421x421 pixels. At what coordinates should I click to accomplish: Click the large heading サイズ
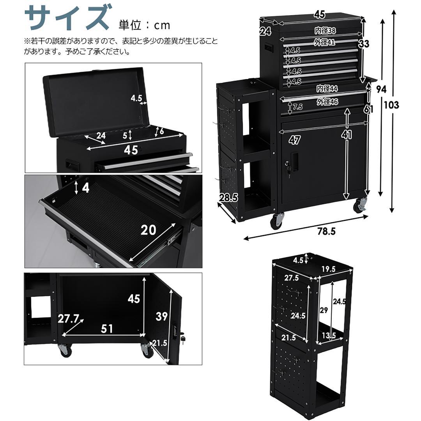tap(66, 18)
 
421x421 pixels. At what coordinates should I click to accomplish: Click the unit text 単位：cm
tap(145, 25)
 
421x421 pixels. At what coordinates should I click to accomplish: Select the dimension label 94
tap(381, 89)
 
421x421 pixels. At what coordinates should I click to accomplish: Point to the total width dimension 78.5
tap(326, 231)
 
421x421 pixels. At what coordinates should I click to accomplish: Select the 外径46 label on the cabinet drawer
tap(327, 102)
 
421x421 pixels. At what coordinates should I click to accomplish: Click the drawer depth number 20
tap(148, 230)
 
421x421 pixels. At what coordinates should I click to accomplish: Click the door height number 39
tap(161, 317)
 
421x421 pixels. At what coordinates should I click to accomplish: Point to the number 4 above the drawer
tap(86, 188)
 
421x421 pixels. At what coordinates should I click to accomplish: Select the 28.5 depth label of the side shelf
tap(228, 198)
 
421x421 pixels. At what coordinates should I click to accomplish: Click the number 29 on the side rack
tap(323, 311)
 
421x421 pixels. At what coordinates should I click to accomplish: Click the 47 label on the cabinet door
tap(294, 139)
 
